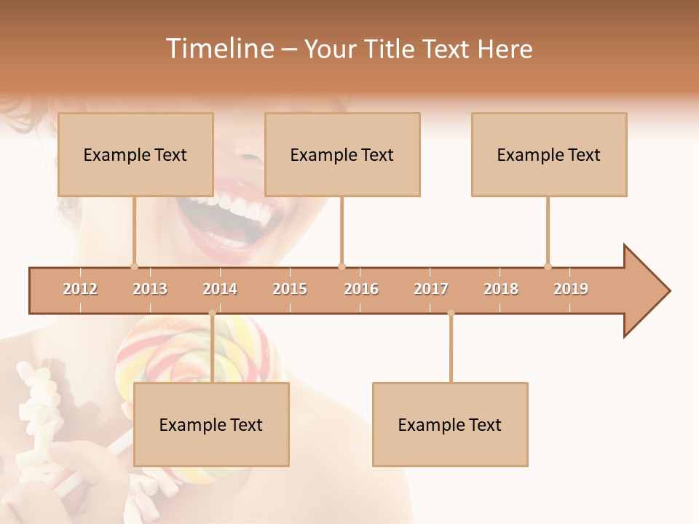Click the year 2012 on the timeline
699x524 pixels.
(x=80, y=289)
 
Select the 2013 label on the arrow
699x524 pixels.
(x=150, y=289)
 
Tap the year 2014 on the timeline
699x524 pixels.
(x=220, y=289)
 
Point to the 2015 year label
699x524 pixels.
(x=290, y=289)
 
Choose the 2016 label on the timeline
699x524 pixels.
(x=361, y=289)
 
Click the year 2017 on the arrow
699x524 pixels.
(x=431, y=289)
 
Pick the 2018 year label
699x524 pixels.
(x=501, y=289)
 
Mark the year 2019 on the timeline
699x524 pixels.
(x=571, y=289)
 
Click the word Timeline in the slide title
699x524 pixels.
(x=218, y=49)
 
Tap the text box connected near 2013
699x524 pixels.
(x=135, y=154)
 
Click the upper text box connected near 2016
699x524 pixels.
(x=342, y=154)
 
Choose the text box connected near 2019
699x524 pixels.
(x=549, y=154)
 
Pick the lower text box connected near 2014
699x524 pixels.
(x=211, y=424)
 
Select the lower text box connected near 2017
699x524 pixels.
(x=450, y=424)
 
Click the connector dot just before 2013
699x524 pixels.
(x=134, y=266)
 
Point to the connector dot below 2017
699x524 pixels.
(x=451, y=313)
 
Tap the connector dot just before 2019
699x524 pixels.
(x=548, y=266)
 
